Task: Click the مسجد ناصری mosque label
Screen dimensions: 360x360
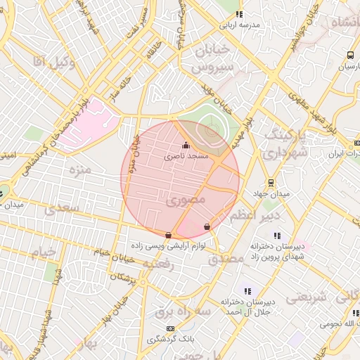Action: tap(186, 156)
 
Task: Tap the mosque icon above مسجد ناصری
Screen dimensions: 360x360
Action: tap(186, 146)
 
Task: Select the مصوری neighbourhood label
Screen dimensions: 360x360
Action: tap(188, 200)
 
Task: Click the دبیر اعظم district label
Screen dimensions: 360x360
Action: tap(255, 214)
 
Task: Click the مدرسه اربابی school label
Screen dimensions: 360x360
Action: tap(239, 25)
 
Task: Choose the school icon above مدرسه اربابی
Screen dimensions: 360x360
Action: tap(239, 14)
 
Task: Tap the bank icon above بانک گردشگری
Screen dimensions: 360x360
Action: tap(169, 328)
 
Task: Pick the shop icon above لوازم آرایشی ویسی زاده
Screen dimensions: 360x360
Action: tap(167, 235)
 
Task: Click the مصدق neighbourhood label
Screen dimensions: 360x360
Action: tap(225, 258)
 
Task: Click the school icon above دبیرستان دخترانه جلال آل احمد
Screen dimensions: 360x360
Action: tap(247, 290)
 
